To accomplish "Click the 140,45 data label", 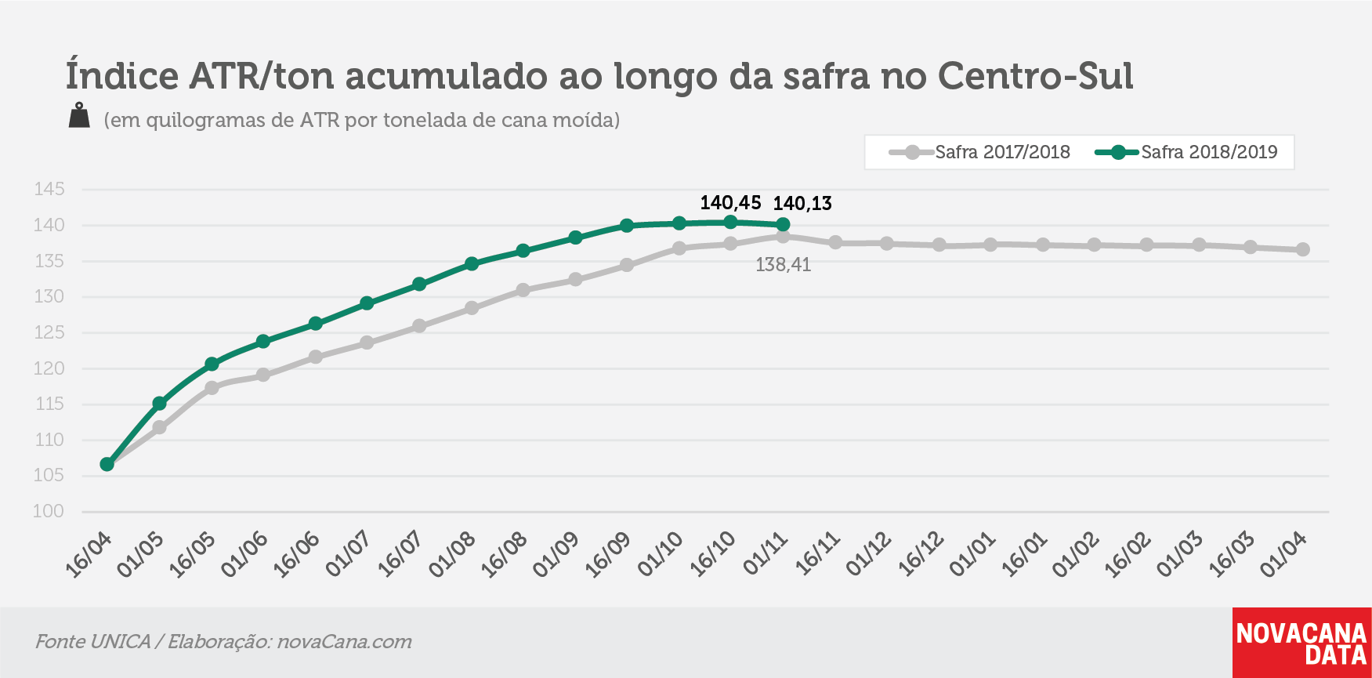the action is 730,203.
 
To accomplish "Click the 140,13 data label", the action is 802,204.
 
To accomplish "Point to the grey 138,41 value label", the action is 783,265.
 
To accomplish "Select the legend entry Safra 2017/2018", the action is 979,152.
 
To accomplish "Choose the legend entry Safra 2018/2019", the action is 1186,152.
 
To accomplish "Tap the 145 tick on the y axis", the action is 49,189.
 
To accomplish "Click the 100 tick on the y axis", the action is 49,511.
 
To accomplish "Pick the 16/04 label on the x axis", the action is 89,555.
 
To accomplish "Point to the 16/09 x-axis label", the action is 609,555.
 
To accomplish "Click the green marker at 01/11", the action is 782,225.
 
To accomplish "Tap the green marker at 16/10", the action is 730,223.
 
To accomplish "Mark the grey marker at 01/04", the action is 1302,249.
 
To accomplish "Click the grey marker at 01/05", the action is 159,427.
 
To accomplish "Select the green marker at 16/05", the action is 212,364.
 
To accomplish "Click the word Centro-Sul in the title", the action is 1036,76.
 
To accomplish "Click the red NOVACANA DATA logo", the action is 1301,643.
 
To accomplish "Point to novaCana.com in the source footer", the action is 345,641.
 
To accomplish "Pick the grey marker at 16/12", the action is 939,245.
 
